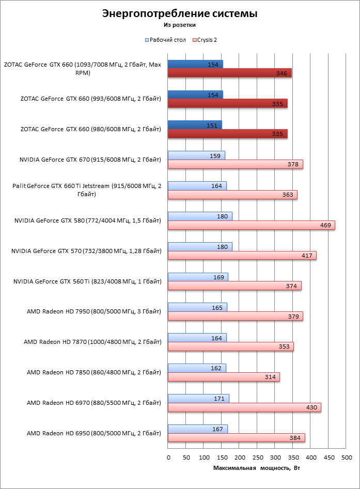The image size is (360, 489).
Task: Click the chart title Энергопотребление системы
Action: [179, 14]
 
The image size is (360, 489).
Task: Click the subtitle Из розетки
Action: [179, 24]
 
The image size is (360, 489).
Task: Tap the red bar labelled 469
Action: [251, 225]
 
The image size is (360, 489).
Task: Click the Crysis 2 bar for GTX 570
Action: [242, 256]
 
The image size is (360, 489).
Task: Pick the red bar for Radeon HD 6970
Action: [244, 407]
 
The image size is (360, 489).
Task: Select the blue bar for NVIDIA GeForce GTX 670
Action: [196, 155]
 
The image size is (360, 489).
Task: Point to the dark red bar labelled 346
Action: [229, 73]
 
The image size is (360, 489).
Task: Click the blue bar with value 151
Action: [195, 124]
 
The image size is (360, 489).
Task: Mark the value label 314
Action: [270, 377]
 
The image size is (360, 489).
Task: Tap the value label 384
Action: [294, 438]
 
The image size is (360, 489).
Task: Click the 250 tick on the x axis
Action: [257, 458]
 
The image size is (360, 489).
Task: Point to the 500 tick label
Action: [347, 458]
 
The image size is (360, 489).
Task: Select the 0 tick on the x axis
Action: [168, 458]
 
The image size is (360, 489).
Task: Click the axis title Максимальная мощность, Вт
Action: [257, 468]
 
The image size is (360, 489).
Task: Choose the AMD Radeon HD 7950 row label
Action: [93, 311]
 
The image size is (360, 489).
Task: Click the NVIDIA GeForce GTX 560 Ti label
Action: [87, 281]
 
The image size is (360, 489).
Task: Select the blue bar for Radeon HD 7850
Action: [197, 368]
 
